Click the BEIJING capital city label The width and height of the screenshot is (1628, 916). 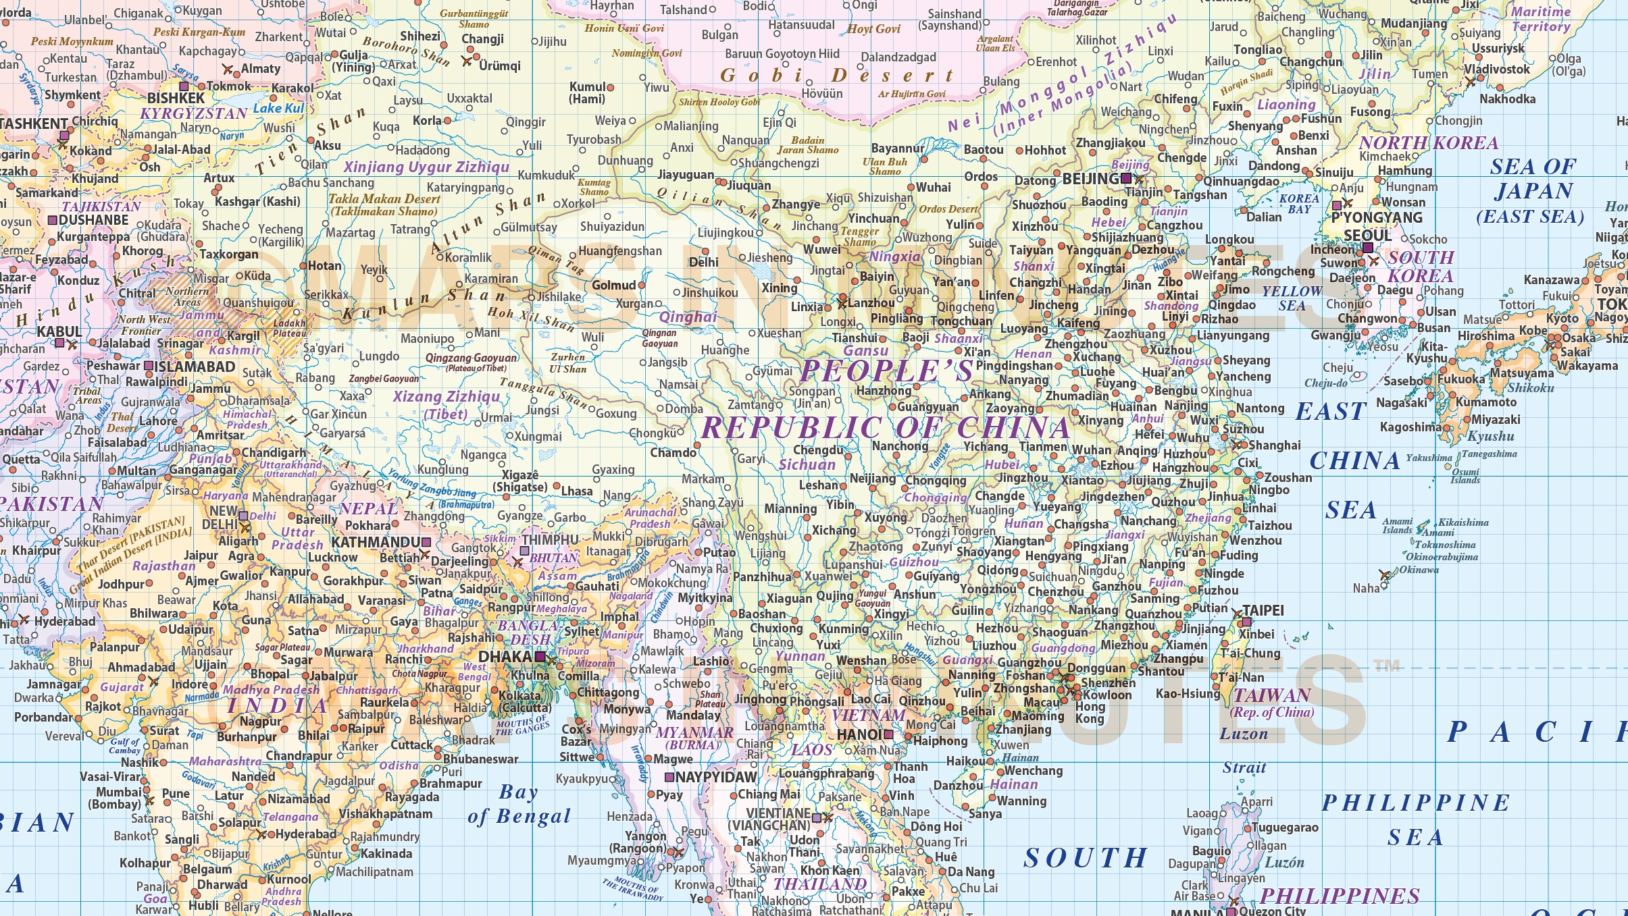pos(1090,179)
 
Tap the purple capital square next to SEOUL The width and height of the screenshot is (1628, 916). pos(1367,248)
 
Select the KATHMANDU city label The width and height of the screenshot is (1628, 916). pos(376,542)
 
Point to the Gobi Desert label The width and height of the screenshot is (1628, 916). pos(837,75)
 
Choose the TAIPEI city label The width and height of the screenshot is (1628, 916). pos(1263,610)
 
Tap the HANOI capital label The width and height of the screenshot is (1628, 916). pos(860,734)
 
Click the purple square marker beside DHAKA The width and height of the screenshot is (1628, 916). pos(540,656)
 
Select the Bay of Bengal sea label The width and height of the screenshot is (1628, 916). pos(519,804)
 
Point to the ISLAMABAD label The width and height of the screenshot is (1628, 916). pos(195,367)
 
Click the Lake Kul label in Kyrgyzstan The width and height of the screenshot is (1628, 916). pos(278,108)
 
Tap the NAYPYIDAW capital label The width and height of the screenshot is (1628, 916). pos(717,777)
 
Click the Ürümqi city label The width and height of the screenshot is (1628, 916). pos(500,65)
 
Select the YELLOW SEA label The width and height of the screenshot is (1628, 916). pos(1292,298)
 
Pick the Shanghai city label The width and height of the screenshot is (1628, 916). pos(1274,445)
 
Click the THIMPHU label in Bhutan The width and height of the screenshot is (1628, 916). pos(550,540)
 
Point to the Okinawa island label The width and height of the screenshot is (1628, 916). pos(1418,569)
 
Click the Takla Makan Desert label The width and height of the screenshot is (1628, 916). pos(384,205)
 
